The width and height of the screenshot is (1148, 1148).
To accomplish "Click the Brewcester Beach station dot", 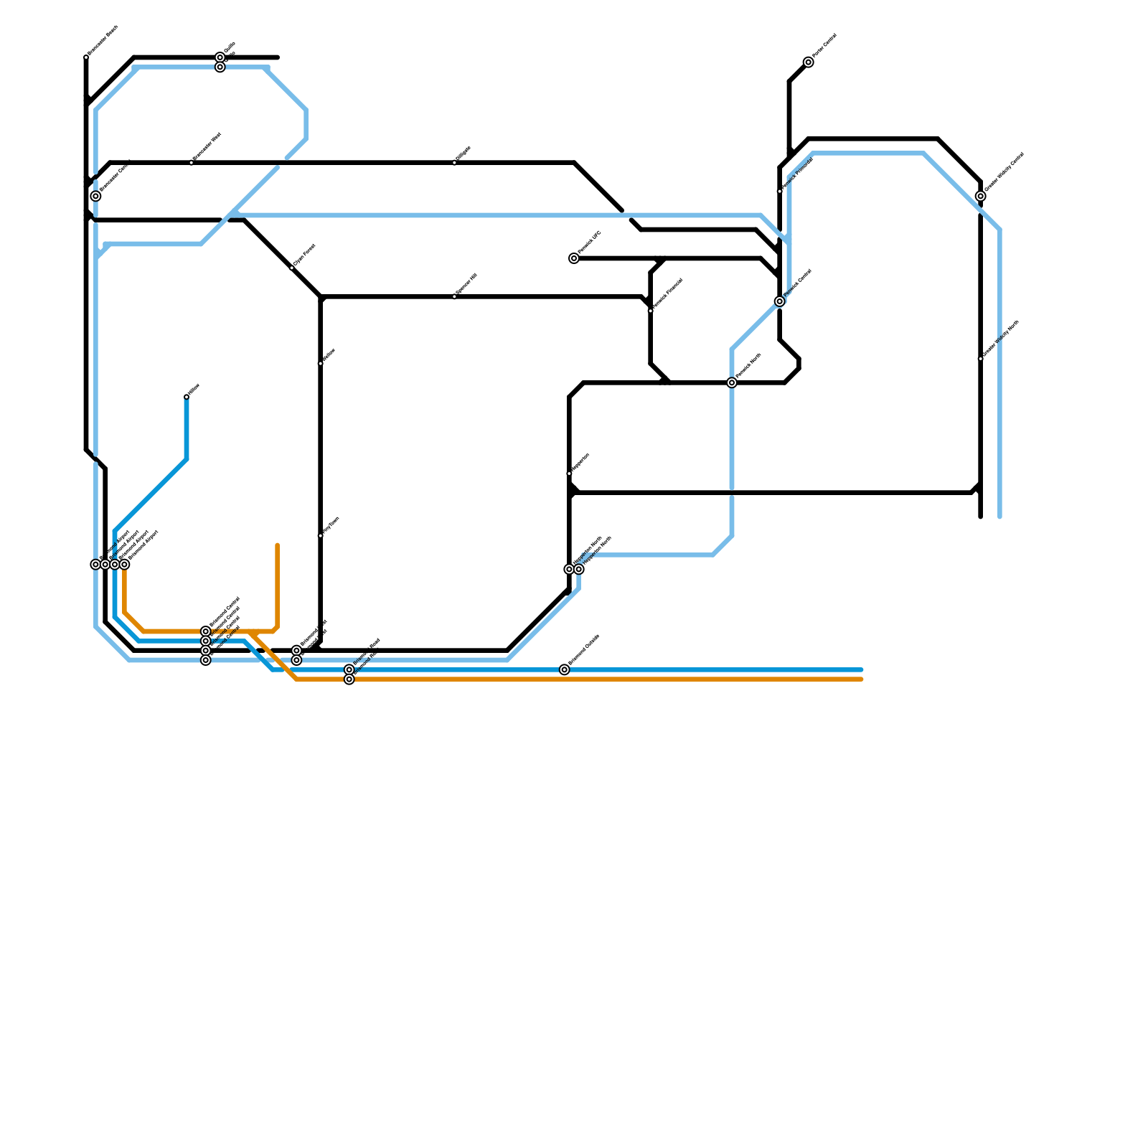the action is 86,57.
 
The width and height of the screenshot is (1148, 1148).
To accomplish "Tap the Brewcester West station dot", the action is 192,163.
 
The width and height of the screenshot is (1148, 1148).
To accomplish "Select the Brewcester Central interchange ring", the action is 95,196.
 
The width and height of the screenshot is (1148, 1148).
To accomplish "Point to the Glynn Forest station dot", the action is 292,268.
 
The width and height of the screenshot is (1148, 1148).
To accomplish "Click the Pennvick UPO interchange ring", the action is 574,258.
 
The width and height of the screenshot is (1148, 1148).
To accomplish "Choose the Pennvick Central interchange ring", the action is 780,301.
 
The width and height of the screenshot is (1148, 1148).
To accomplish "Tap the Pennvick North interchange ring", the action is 732,383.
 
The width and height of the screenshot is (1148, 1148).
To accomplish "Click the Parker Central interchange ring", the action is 809,62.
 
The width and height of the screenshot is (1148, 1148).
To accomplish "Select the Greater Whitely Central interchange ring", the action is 981,196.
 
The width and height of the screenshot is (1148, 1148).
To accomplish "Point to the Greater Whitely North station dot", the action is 981,359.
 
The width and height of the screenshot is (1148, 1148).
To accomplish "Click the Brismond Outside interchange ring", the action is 565,669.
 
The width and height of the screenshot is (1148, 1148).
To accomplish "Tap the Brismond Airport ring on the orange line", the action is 124,565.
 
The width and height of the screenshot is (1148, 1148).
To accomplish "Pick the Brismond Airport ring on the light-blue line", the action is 95,565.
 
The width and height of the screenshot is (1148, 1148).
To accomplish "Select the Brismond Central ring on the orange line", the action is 206,631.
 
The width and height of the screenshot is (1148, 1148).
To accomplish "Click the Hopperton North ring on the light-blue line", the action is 579,569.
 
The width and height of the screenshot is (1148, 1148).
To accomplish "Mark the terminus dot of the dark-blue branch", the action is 187,397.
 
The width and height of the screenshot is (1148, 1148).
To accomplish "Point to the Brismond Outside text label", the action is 585,649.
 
